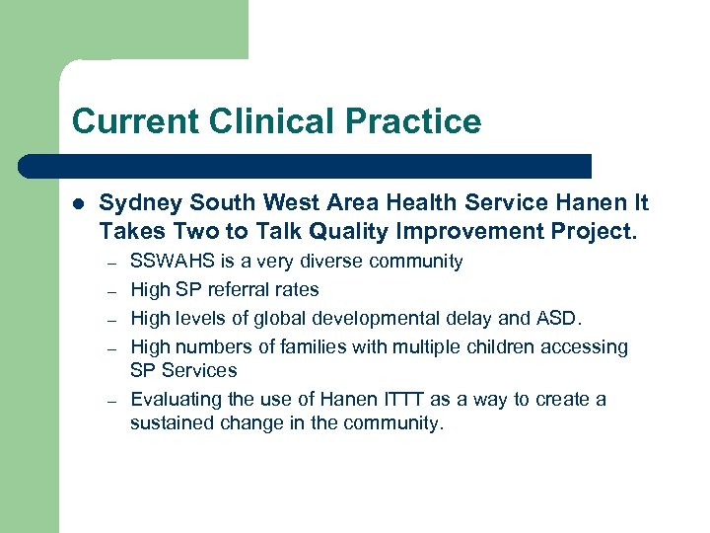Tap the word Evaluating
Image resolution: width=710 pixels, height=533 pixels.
tap(174, 400)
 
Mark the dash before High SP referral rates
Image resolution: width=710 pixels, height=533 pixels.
tap(112, 291)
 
